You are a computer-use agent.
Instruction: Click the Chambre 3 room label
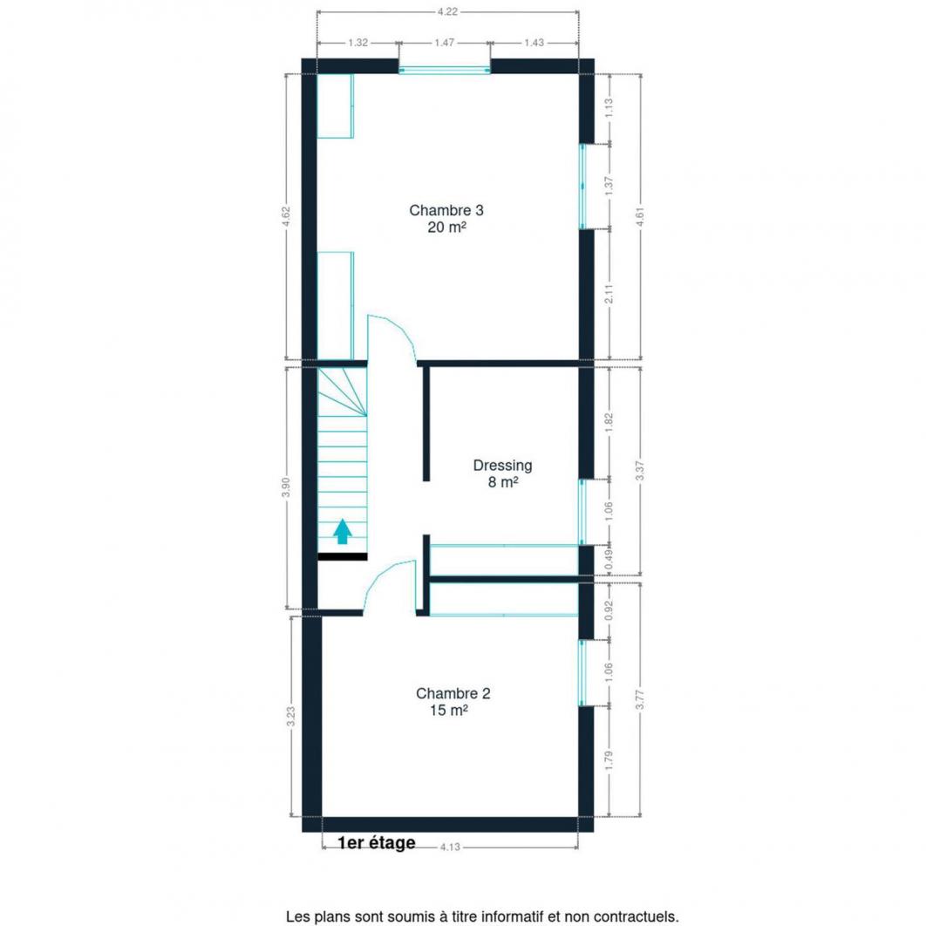pyautogui.click(x=446, y=210)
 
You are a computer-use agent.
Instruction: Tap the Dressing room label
pyautogui.click(x=502, y=466)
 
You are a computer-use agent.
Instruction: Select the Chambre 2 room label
pyautogui.click(x=453, y=693)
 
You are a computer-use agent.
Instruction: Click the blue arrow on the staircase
pyautogui.click(x=343, y=531)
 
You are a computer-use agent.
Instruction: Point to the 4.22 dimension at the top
pyautogui.click(x=447, y=11)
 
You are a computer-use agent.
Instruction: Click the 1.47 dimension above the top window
pyautogui.click(x=444, y=43)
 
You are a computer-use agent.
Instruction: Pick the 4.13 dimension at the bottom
pyautogui.click(x=450, y=847)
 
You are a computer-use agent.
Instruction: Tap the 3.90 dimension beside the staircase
pyautogui.click(x=286, y=487)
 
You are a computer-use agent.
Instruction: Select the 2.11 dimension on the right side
pyautogui.click(x=609, y=294)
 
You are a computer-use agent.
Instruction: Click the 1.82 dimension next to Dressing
pyautogui.click(x=609, y=422)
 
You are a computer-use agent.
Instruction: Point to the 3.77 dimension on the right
pyautogui.click(x=640, y=699)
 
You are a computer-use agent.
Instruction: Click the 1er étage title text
pyautogui.click(x=376, y=843)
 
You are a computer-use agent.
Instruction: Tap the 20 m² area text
pyautogui.click(x=447, y=228)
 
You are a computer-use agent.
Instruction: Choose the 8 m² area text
pyautogui.click(x=503, y=482)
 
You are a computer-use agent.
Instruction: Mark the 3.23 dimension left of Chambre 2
pyautogui.click(x=290, y=717)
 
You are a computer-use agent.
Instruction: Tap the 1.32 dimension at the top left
pyautogui.click(x=357, y=43)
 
